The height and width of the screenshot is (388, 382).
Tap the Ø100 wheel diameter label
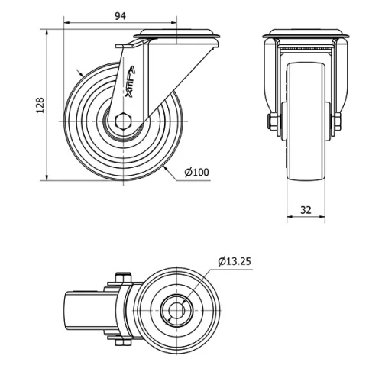click(196, 173)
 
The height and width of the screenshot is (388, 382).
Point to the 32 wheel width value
click(306, 209)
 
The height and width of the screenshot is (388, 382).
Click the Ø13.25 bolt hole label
click(234, 261)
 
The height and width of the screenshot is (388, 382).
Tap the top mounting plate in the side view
click(176, 37)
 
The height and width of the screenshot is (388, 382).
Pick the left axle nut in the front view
click(272, 122)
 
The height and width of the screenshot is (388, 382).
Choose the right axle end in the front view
click(337, 122)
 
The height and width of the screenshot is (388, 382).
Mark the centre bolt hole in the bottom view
click(176, 310)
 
